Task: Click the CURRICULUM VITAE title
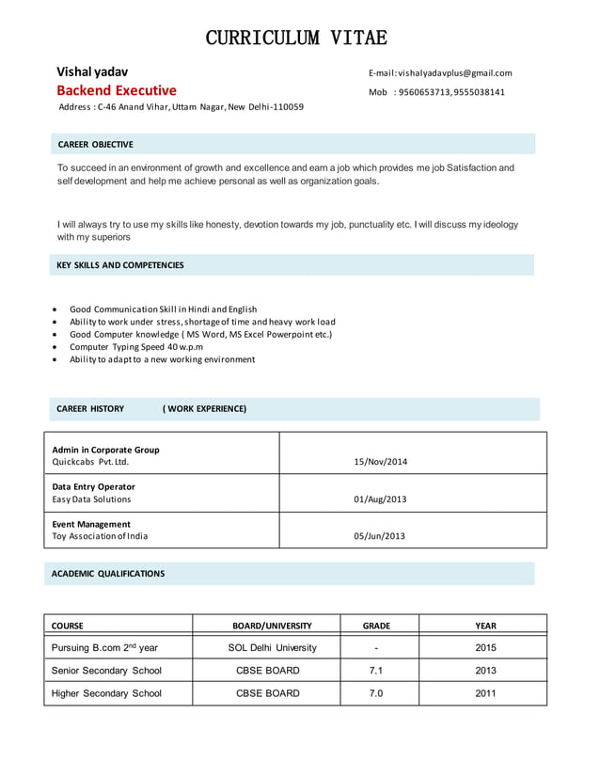(x=296, y=39)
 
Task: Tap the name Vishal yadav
(x=92, y=71)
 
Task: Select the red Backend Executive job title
(x=116, y=90)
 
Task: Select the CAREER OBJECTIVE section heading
(x=95, y=144)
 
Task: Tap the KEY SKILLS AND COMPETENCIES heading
(x=120, y=265)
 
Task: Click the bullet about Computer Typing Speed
(x=136, y=346)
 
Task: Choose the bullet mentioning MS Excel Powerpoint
(x=200, y=334)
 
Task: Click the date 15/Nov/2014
(x=380, y=462)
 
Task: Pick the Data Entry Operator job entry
(x=93, y=486)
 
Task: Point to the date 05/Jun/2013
(x=379, y=536)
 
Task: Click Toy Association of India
(x=100, y=536)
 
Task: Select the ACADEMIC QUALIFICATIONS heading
(x=108, y=573)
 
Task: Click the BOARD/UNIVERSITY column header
(x=272, y=626)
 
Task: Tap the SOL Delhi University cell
(x=272, y=647)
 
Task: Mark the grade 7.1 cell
(x=375, y=671)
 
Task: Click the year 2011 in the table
(x=485, y=693)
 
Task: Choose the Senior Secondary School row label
(x=106, y=671)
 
